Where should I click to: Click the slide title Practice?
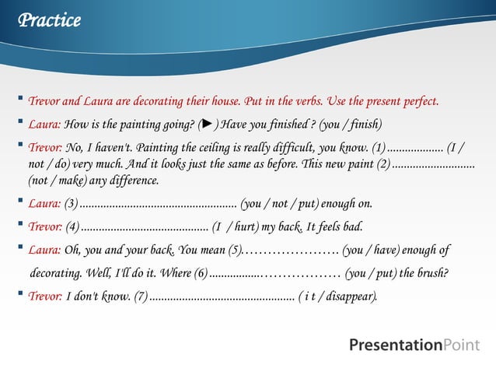(50, 21)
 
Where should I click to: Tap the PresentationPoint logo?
(414, 345)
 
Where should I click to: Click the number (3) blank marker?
(71, 205)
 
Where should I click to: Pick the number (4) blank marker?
(72, 227)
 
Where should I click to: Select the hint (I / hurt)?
(236, 227)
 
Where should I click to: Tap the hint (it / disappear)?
(338, 297)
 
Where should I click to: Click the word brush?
(429, 274)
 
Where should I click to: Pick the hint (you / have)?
(375, 251)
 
